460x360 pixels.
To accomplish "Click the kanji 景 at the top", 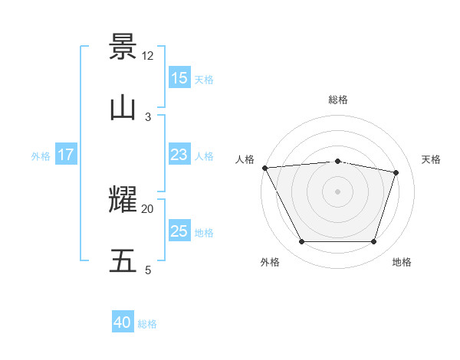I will click(123, 47).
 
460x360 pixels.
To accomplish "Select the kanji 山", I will click(123, 108).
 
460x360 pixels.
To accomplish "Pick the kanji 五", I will click(123, 261).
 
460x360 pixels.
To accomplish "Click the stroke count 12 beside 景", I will click(148, 56).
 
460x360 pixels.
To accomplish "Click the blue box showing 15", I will click(179, 78).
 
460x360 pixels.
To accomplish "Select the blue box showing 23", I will click(179, 155).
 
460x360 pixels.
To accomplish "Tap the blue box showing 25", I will click(179, 231).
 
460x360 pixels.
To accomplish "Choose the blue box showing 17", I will click(66, 155).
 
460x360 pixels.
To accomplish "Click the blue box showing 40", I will click(123, 323).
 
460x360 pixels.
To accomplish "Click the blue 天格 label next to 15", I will click(204, 79).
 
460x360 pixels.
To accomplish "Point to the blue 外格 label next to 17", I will click(41, 156).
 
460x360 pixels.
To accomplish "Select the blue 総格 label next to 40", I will click(147, 324).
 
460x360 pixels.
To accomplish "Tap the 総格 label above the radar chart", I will click(338, 100).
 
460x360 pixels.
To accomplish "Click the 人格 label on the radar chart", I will click(245, 159).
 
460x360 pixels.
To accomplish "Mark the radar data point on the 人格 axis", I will click(264, 168).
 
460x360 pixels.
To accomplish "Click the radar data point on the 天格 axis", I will click(396, 172).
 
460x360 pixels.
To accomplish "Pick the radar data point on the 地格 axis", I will click(373, 242).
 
